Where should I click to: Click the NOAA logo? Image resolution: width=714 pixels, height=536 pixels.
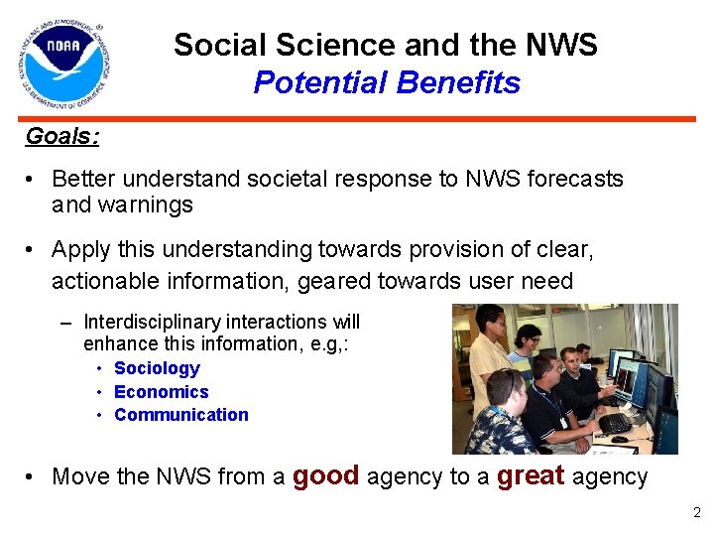click(x=63, y=65)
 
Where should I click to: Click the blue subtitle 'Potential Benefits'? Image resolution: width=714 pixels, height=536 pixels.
click(x=386, y=83)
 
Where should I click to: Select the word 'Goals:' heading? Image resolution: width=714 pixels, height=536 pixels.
click(x=61, y=137)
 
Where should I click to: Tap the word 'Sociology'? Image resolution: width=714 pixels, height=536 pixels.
click(x=157, y=368)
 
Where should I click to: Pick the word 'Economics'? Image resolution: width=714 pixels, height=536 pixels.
click(x=161, y=392)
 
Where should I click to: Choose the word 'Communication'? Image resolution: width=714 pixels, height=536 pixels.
click(x=181, y=415)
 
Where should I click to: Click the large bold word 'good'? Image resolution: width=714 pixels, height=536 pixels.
click(x=326, y=476)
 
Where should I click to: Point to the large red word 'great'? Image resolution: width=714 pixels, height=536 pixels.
click(x=532, y=476)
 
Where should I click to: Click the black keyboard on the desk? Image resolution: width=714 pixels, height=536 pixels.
click(x=615, y=423)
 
